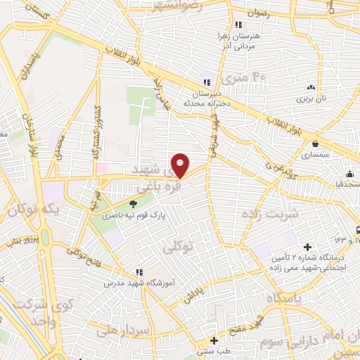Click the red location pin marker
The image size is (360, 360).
click(x=181, y=165)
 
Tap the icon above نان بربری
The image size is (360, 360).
click(x=311, y=88)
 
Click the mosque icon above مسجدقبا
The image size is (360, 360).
click(x=349, y=174)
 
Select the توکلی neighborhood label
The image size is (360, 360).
click(x=177, y=247)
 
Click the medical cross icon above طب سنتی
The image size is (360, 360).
click(x=214, y=340)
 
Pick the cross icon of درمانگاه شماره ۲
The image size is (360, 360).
click(x=307, y=247)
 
